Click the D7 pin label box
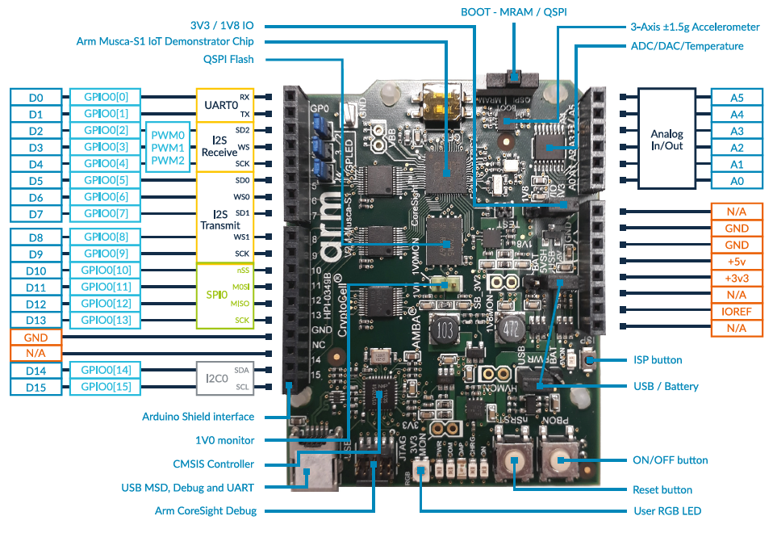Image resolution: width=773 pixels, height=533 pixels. click(36, 214)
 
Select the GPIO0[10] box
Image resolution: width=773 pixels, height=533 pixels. click(106, 270)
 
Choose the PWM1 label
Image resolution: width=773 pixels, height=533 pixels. click(168, 148)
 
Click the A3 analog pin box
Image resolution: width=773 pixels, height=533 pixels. click(737, 131)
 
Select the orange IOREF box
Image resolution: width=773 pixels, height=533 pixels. click(737, 311)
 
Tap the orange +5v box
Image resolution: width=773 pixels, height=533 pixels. click(737, 261)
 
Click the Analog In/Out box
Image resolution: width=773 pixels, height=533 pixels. click(666, 139)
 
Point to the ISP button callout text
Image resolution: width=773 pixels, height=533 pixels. click(657, 360)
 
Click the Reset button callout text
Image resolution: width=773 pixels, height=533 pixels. click(662, 489)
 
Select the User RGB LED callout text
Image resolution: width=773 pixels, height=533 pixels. click(667, 511)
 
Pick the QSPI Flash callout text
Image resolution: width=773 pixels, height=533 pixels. click(228, 59)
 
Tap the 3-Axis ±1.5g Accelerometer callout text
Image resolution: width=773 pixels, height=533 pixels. click(695, 27)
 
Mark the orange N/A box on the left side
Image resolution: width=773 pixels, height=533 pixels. click(36, 353)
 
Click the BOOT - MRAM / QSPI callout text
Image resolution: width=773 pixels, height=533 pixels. click(514, 12)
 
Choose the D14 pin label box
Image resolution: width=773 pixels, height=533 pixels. click(36, 370)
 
